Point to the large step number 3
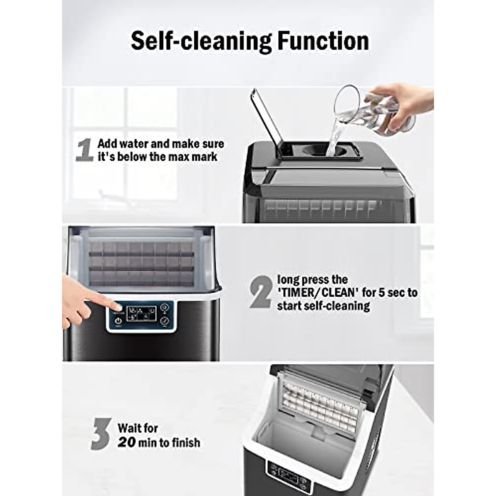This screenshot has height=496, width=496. pyautogui.click(x=101, y=434)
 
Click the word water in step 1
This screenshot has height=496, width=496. pyautogui.click(x=135, y=144)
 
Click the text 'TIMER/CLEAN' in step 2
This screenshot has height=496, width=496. pyautogui.click(x=318, y=293)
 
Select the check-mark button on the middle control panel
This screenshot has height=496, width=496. pyautogui.click(x=165, y=320)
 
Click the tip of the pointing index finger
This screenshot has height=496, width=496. pyautogui.click(x=119, y=308)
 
